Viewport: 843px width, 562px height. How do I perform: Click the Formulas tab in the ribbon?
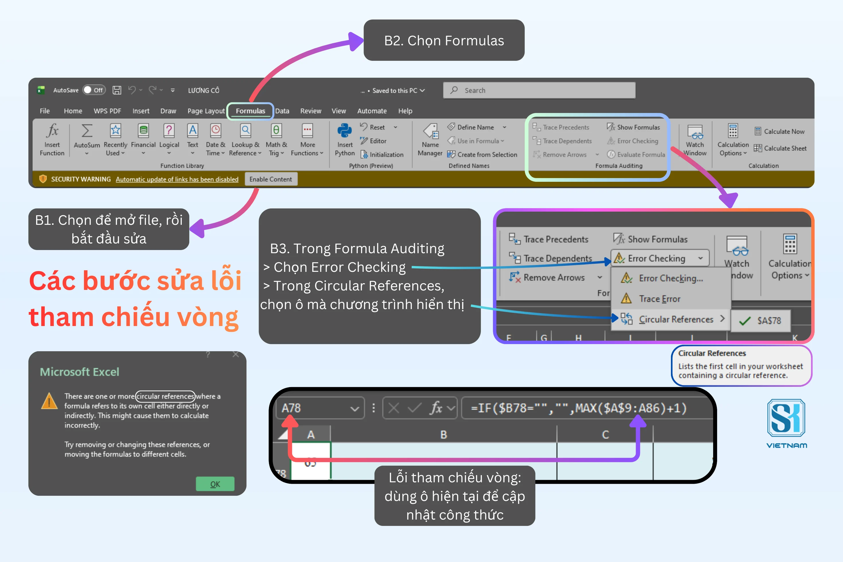[x=250, y=111]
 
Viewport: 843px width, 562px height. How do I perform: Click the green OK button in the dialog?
[x=215, y=484]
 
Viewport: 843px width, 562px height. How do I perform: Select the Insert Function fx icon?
[x=52, y=130]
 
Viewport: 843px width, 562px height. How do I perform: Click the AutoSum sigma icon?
[x=87, y=131]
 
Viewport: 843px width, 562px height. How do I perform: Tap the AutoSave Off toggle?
[x=94, y=90]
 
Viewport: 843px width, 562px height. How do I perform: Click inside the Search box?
[x=539, y=90]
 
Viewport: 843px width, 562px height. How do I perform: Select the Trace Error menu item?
[x=659, y=298]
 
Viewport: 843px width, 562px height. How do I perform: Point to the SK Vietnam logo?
[x=786, y=424]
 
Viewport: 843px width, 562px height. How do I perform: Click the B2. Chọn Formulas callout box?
[x=444, y=40]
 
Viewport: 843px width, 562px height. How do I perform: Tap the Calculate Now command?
[x=780, y=132]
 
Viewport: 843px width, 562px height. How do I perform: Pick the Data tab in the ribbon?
[x=282, y=111]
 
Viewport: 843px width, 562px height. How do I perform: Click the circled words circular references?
[x=165, y=396]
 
